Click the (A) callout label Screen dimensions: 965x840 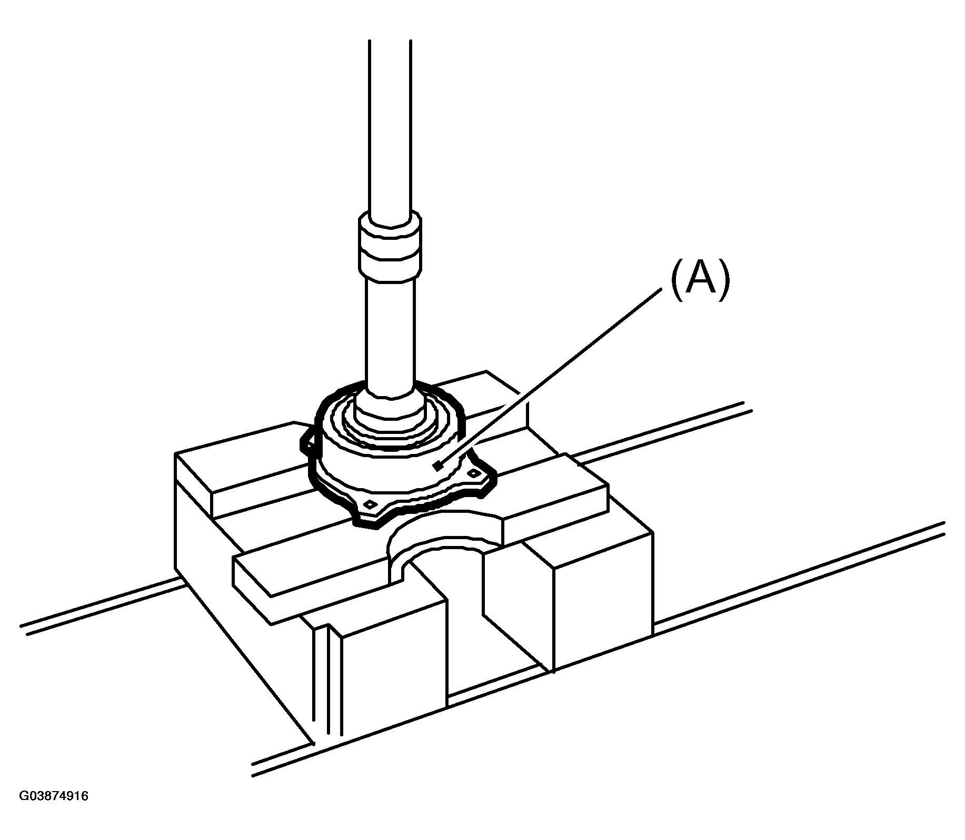(x=700, y=281)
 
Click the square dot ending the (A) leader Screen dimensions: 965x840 (x=436, y=465)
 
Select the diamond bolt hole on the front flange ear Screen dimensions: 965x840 (x=371, y=504)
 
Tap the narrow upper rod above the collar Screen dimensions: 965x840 (x=390, y=126)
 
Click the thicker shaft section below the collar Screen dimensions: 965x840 (x=390, y=337)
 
